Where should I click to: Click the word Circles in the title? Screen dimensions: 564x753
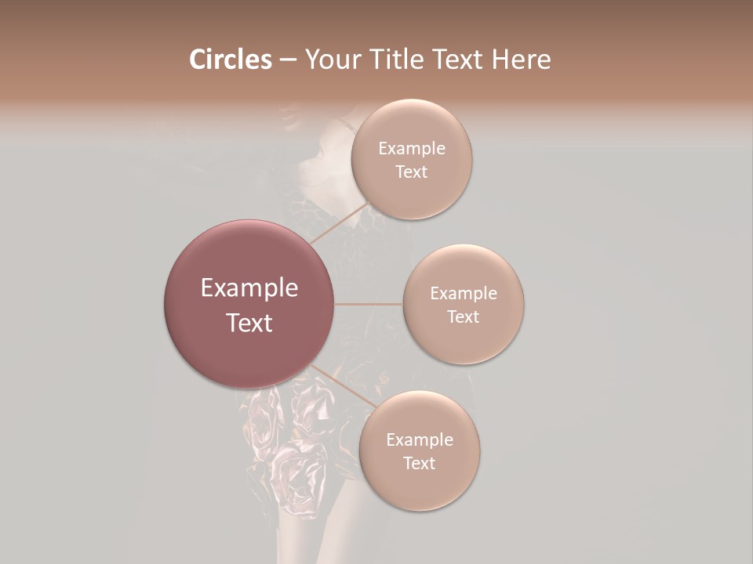231,60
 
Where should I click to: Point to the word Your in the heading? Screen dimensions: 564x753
335,60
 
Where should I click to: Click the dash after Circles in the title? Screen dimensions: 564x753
288,60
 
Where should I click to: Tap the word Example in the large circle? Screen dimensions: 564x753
249,288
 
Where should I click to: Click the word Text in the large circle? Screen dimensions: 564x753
249,323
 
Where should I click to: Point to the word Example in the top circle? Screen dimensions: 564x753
411,149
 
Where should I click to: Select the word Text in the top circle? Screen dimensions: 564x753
411,172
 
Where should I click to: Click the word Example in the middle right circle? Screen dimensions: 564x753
463,294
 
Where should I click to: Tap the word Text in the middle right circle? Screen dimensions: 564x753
463,317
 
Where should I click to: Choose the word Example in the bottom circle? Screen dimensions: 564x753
419,440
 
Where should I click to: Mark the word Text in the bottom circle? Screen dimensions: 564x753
419,464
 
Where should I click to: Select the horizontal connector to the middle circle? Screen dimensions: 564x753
369,304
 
